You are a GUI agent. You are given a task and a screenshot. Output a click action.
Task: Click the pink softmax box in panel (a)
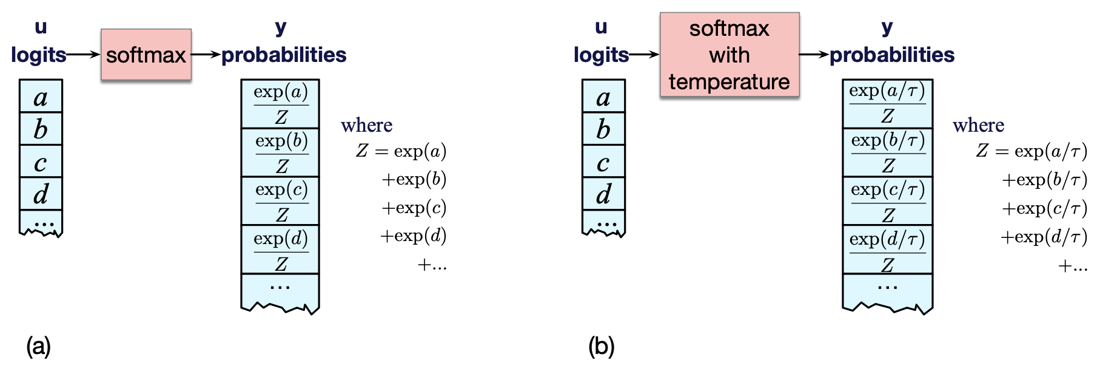point(146,55)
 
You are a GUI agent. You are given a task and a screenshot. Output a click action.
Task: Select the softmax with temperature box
point(729,55)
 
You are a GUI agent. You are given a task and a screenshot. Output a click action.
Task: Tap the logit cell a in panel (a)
point(41,97)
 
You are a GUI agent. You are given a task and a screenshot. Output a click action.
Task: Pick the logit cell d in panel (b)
point(603,194)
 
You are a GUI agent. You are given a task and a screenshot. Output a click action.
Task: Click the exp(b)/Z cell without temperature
point(281,152)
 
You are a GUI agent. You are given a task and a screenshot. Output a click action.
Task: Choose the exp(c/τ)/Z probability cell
point(888,201)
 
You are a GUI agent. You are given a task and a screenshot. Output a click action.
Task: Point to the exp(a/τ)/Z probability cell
point(888,103)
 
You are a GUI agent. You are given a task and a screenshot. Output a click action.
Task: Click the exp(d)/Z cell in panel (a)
point(281,250)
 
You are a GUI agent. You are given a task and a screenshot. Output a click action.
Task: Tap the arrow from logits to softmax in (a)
point(83,55)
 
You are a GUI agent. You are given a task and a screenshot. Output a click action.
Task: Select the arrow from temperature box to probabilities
point(814,55)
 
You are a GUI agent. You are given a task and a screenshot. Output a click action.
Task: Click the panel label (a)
point(38,346)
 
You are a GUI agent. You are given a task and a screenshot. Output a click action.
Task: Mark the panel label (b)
point(601,346)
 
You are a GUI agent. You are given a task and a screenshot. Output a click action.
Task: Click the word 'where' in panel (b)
point(978,125)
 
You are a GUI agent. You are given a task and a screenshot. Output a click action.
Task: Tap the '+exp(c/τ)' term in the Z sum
point(1044,208)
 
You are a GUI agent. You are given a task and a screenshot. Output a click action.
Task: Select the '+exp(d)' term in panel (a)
point(414,236)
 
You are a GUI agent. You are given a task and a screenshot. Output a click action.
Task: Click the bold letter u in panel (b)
point(601,27)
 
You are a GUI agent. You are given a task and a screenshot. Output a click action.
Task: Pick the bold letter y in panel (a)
point(280,27)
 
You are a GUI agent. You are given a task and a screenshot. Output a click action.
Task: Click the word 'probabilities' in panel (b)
point(892,55)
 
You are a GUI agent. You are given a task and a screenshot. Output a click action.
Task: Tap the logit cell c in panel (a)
point(41,161)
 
